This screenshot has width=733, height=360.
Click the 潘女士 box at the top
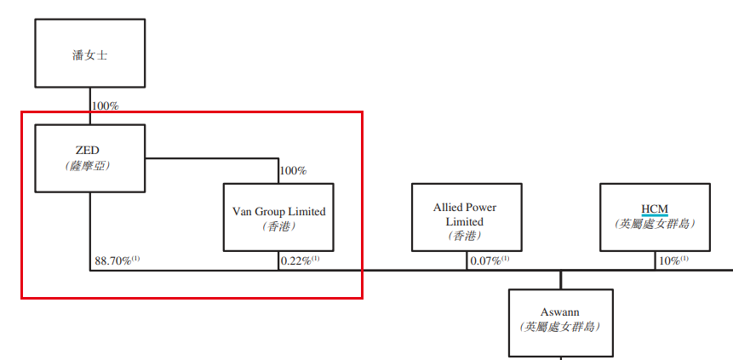(x=89, y=56)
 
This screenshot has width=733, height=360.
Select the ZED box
(x=89, y=158)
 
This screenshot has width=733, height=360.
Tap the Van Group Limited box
(x=278, y=217)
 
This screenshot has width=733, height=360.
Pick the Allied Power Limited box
(x=465, y=217)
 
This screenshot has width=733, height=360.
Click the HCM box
(x=654, y=217)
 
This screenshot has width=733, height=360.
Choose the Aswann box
(x=560, y=322)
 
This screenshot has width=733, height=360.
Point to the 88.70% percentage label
(x=112, y=260)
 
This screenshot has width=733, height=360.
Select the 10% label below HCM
(x=670, y=260)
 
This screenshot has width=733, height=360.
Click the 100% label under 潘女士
(x=105, y=106)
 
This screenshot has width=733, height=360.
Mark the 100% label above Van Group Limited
(x=293, y=171)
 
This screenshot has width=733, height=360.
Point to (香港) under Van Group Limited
(x=278, y=227)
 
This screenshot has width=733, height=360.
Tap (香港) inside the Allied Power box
(x=465, y=236)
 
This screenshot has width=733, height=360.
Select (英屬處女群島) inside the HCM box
(x=654, y=224)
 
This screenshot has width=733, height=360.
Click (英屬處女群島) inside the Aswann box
(x=560, y=327)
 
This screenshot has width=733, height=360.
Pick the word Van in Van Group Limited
(x=243, y=211)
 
